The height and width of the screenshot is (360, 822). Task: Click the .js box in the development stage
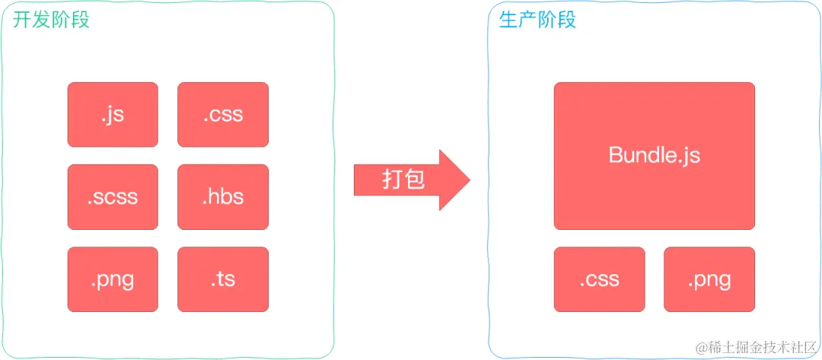pos(113,114)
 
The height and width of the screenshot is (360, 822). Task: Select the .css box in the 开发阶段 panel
pos(223,114)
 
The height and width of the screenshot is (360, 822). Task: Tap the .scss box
pos(113,196)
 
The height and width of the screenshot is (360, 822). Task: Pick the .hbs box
pos(223,196)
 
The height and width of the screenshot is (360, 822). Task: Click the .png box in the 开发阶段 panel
pos(113,279)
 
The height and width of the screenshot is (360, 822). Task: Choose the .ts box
pos(223,279)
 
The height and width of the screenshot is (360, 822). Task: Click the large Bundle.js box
pos(655,155)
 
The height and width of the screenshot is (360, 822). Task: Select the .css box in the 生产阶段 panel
pos(599,279)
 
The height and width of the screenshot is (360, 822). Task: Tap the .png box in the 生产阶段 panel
pos(709,279)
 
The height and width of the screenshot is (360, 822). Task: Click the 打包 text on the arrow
pos(403,180)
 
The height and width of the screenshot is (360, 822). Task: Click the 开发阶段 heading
pos(52,19)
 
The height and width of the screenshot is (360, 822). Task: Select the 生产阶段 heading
pos(538,19)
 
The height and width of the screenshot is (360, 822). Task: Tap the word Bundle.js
pos(655,155)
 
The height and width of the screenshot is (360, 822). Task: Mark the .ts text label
pos(223,279)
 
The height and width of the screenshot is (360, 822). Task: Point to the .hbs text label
pos(223,196)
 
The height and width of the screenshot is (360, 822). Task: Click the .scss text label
pos(113,197)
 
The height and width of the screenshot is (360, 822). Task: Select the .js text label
pos(113,115)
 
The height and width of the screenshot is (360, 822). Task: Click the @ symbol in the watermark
pos(703,347)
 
